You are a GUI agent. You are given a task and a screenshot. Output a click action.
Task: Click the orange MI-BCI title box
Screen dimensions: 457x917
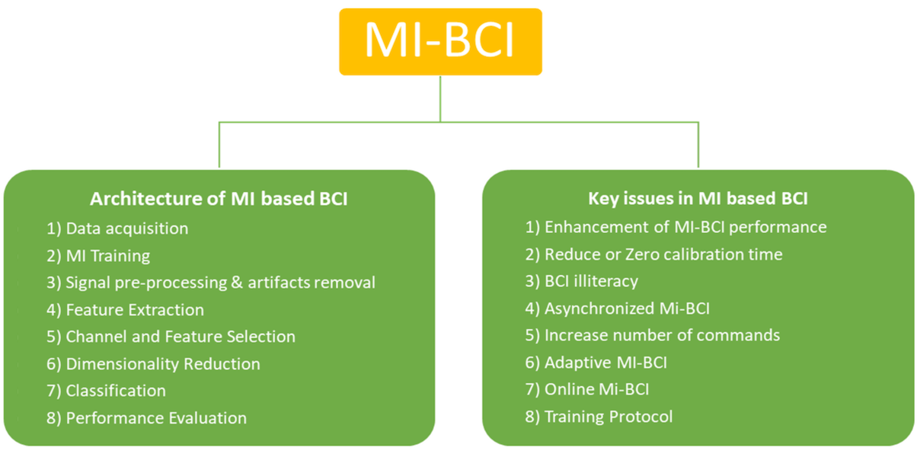[440, 41]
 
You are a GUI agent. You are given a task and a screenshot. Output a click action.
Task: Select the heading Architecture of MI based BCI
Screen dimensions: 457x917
[219, 200]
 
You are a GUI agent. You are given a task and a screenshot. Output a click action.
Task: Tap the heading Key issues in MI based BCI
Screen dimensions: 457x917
[698, 199]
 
